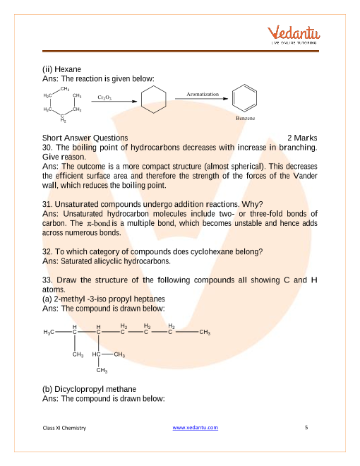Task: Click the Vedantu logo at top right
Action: (294, 35)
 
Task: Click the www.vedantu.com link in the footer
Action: (195, 427)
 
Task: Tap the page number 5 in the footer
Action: (306, 427)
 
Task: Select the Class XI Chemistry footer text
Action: (64, 428)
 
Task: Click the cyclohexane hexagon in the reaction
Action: (154, 100)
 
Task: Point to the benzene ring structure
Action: (244, 98)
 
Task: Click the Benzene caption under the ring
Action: (246, 118)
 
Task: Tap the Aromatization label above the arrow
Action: (203, 94)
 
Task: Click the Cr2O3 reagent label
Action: (104, 97)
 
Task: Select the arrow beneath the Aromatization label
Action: (201, 99)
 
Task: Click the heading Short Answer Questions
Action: (85, 138)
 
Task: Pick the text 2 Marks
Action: (302, 138)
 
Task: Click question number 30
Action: (47, 148)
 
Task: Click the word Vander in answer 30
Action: (305, 176)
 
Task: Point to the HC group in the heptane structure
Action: (97, 354)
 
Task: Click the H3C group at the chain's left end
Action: (49, 332)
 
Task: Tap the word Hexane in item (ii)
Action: (68, 69)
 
